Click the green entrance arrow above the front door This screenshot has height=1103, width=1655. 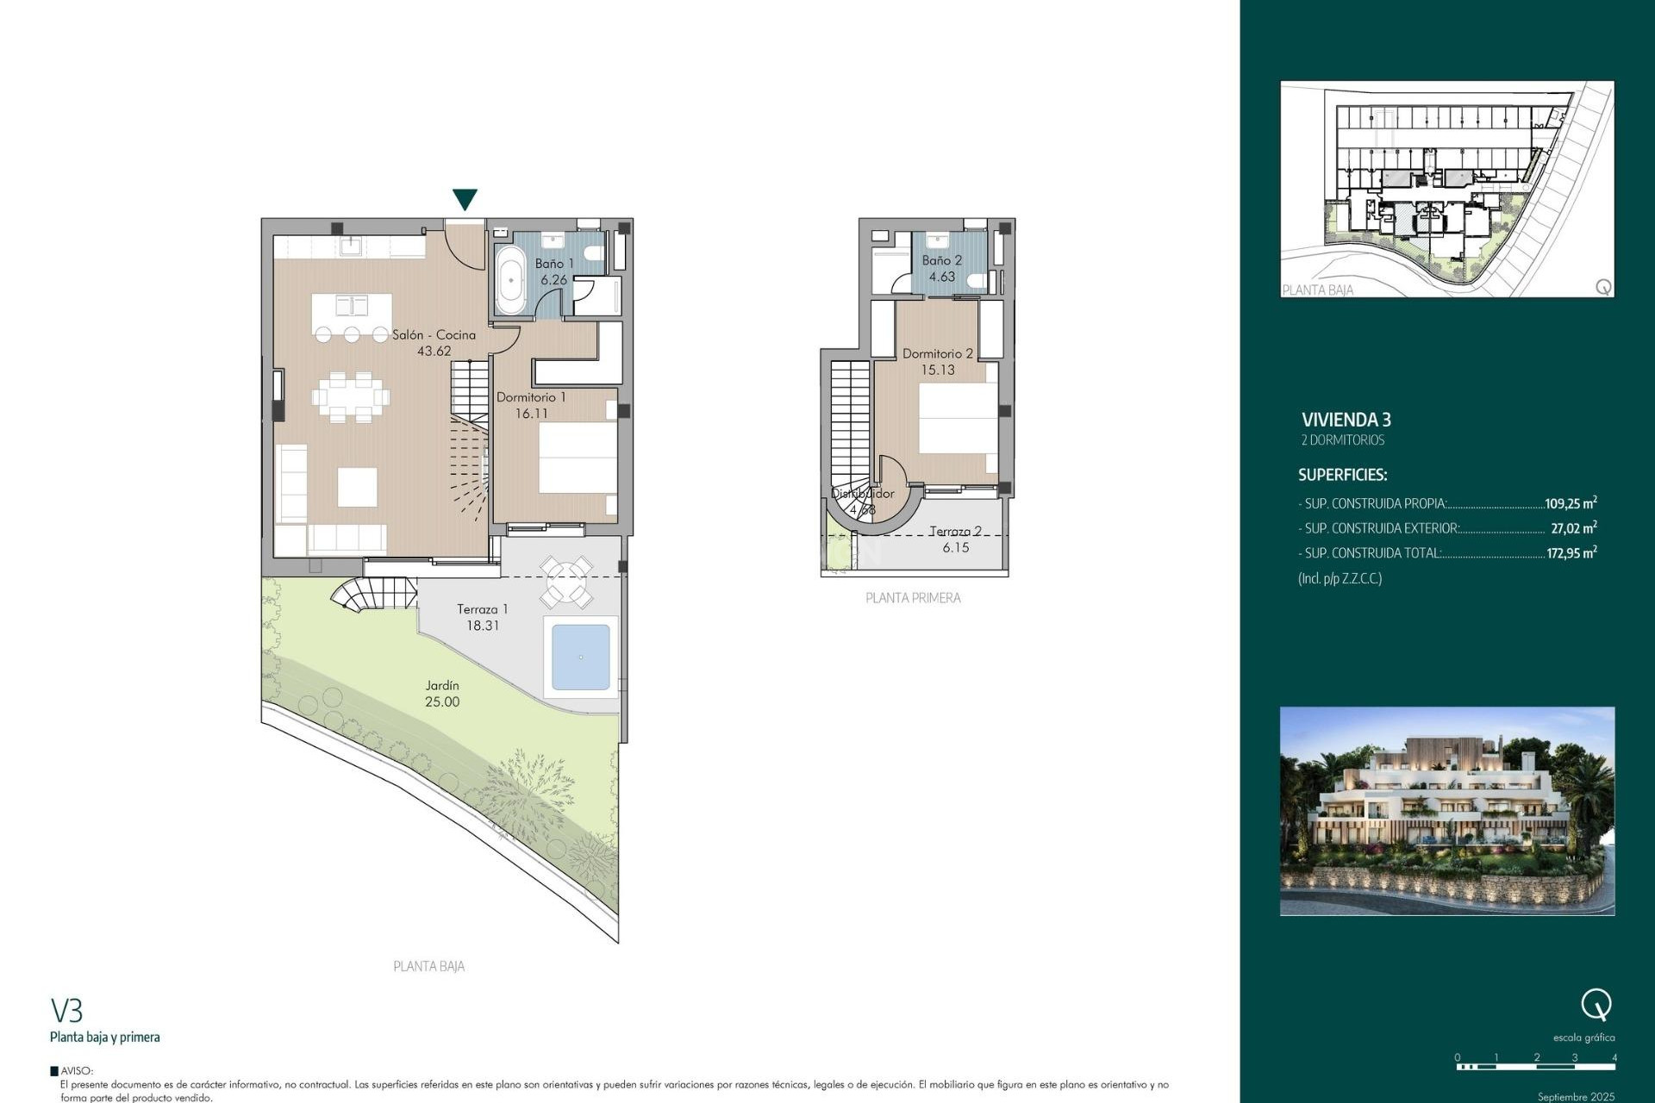coord(465,199)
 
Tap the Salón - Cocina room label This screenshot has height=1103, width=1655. coord(434,335)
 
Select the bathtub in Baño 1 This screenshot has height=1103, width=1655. coord(510,280)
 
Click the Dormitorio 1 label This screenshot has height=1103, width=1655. coord(531,397)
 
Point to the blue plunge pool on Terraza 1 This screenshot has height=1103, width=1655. coord(580,657)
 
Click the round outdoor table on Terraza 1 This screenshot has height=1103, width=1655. coord(565,581)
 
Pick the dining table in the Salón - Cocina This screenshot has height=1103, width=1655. coord(351,397)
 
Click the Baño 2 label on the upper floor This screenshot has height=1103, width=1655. coord(941,260)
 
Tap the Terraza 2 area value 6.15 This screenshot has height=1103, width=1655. coord(955,547)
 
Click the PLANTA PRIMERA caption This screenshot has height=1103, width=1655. coord(913,598)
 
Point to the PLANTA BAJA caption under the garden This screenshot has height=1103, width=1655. coord(428,967)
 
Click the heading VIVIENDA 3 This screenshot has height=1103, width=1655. coord(1346,420)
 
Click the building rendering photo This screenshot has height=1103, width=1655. coord(1446,811)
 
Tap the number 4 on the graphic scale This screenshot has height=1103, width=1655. coord(1614,1057)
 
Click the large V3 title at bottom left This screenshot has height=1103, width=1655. coord(66,1010)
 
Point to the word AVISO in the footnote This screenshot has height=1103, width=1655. coord(76,1071)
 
